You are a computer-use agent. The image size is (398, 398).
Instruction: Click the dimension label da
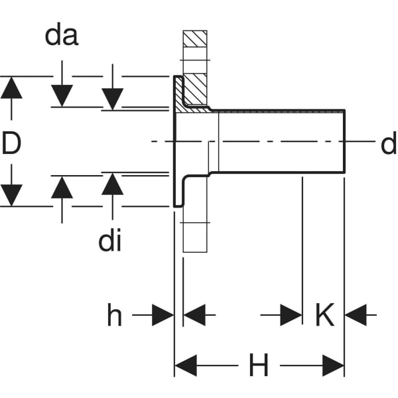(x=62, y=36)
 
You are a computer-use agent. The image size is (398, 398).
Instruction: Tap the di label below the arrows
(x=109, y=242)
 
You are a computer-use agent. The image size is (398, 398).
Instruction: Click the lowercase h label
(x=115, y=316)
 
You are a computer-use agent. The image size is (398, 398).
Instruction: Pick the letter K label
(x=324, y=316)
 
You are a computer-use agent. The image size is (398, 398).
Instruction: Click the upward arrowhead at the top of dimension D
(x=11, y=88)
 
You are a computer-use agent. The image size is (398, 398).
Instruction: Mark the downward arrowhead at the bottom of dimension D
(x=11, y=195)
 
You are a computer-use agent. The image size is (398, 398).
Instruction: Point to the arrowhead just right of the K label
(x=356, y=316)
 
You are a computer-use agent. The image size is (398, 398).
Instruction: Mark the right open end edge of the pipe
(x=345, y=141)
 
